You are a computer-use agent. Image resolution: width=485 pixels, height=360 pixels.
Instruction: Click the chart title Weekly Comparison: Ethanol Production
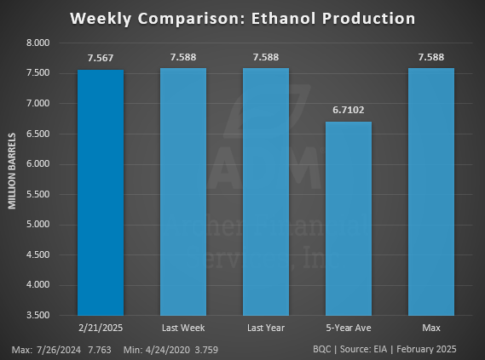[x=242, y=18]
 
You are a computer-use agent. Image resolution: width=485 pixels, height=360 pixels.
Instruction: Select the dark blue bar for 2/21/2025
[x=101, y=191]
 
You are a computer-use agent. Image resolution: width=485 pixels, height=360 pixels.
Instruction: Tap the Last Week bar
[x=182, y=191]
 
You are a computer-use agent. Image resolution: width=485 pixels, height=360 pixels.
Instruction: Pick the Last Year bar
[x=265, y=191]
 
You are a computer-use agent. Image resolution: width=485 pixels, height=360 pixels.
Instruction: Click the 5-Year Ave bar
[x=348, y=218]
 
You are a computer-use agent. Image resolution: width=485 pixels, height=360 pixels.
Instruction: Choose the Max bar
[x=430, y=191]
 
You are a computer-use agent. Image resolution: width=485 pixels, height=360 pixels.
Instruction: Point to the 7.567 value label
[x=101, y=58]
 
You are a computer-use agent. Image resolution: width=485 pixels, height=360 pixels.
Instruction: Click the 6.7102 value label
[x=348, y=110]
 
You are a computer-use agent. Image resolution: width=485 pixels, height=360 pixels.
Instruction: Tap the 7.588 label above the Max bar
[x=430, y=57]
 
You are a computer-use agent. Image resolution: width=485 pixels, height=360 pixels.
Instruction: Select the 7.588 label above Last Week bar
[x=182, y=57]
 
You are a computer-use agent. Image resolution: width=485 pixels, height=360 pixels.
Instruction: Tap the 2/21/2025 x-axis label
[x=101, y=327]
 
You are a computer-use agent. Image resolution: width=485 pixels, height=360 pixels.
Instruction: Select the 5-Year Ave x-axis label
[x=348, y=327]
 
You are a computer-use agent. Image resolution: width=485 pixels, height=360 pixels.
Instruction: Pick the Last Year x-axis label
[x=265, y=327]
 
